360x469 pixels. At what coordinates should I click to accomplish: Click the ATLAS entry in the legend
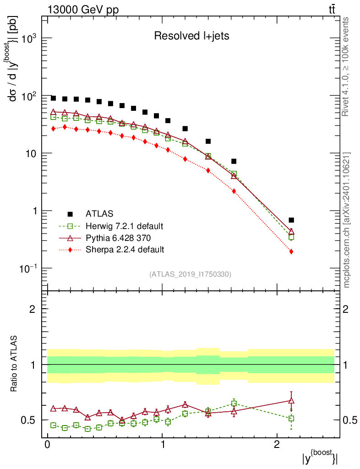tap(99, 213)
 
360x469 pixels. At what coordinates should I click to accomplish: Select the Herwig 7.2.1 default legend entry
tap(124, 226)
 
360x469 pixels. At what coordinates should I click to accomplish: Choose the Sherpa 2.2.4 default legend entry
tap(125, 250)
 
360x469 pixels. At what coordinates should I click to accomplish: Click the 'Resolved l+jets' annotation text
tap(191, 36)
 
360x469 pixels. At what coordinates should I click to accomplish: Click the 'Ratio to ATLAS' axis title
tap(15, 365)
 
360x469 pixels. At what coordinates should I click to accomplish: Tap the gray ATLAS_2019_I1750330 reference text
tap(190, 274)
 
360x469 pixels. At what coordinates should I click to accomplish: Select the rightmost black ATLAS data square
tap(291, 220)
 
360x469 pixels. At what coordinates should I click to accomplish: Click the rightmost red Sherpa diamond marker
tap(291, 251)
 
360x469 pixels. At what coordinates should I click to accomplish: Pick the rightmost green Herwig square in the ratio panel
tap(291, 419)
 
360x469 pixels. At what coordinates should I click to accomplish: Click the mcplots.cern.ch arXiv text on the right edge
tap(347, 220)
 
